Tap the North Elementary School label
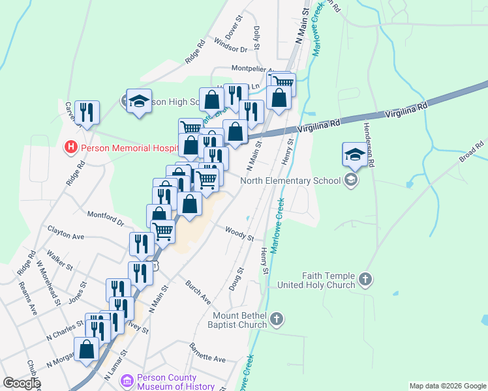[x=291, y=181]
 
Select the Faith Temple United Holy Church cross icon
[x=365, y=280]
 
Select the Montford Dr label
[x=106, y=218]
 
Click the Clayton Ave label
[x=66, y=231]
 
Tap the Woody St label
[x=239, y=233]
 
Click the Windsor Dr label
[x=230, y=49]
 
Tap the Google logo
[x=21, y=383]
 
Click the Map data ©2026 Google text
[x=447, y=386]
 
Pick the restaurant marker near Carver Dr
[x=87, y=112]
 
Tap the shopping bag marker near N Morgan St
[x=87, y=349]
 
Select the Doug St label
[x=240, y=278]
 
